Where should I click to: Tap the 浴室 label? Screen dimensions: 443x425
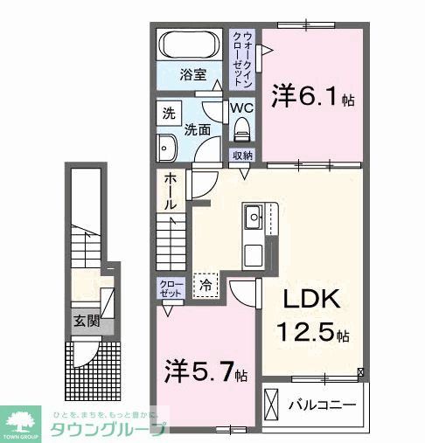tap(192, 74)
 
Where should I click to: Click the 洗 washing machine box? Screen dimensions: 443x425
tap(167, 114)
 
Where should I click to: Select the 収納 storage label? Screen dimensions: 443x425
tap(242, 155)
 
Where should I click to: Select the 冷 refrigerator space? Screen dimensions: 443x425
tap(206, 284)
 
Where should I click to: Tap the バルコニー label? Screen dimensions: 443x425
tap(323, 406)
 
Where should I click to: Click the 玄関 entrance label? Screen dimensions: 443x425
tap(86, 321)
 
